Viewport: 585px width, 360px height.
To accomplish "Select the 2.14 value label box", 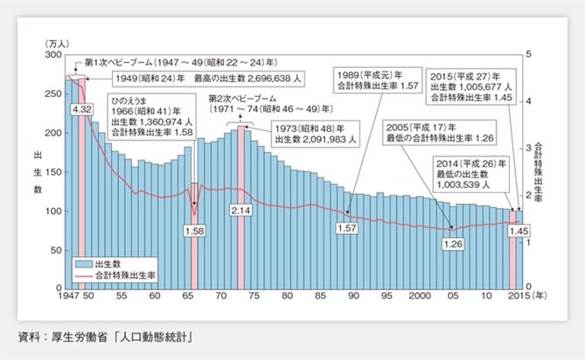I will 240,211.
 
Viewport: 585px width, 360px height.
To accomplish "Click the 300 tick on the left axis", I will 50,54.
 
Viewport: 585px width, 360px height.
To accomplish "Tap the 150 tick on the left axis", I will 50,172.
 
